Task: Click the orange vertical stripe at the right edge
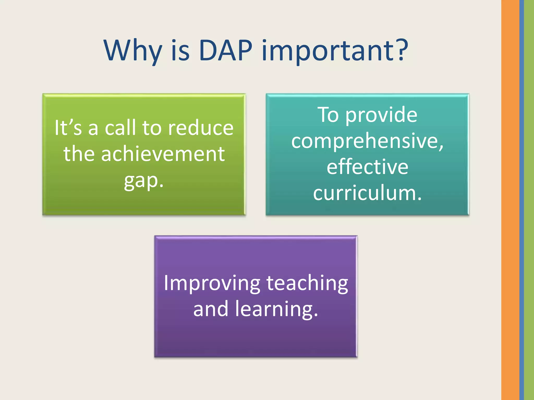[510, 200]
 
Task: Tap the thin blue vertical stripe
[521, 200]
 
